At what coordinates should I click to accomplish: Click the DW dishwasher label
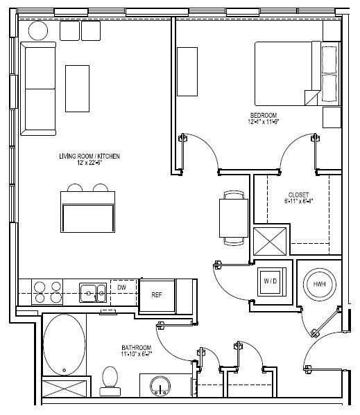[x=121, y=286]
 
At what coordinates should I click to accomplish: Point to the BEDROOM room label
[x=264, y=115]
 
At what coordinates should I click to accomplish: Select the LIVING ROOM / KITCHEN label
[x=89, y=157]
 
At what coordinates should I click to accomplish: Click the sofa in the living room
[x=39, y=88]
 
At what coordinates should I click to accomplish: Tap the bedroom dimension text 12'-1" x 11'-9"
[x=264, y=123]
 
